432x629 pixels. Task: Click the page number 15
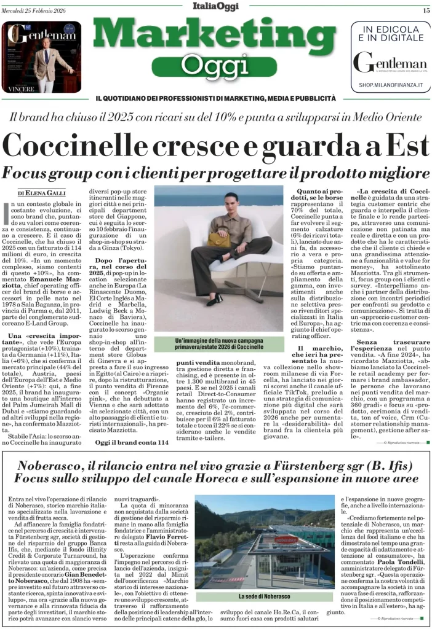[425, 10]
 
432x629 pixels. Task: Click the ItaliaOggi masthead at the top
[215, 7]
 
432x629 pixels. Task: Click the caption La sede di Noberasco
[265, 596]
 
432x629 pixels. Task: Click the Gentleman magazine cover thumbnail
[42, 57]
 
